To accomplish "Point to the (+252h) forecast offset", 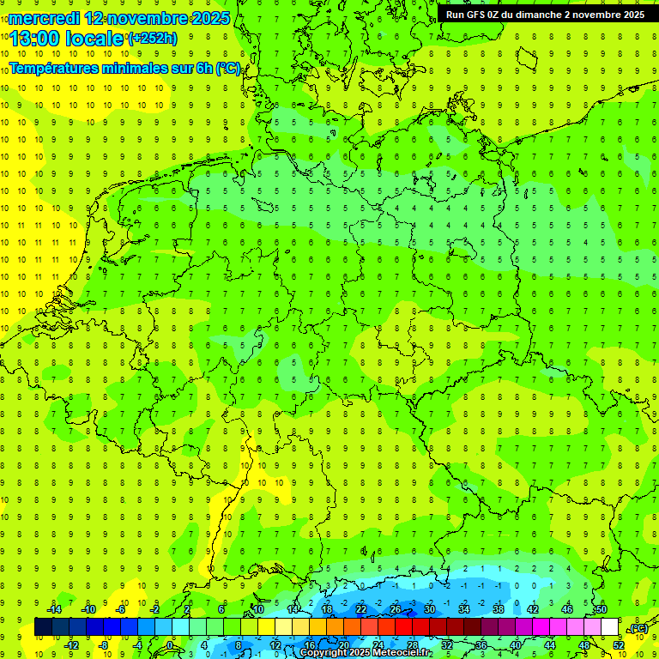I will click(153, 39).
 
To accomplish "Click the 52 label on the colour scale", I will click(618, 644).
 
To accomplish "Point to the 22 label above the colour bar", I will click(361, 609).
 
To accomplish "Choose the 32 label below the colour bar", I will click(447, 644).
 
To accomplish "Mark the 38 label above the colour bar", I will click(499, 609).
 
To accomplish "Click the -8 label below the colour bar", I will click(104, 644).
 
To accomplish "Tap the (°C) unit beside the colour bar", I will click(638, 628).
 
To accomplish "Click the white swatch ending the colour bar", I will click(610, 627).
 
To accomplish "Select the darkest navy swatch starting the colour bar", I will click(43, 627).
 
